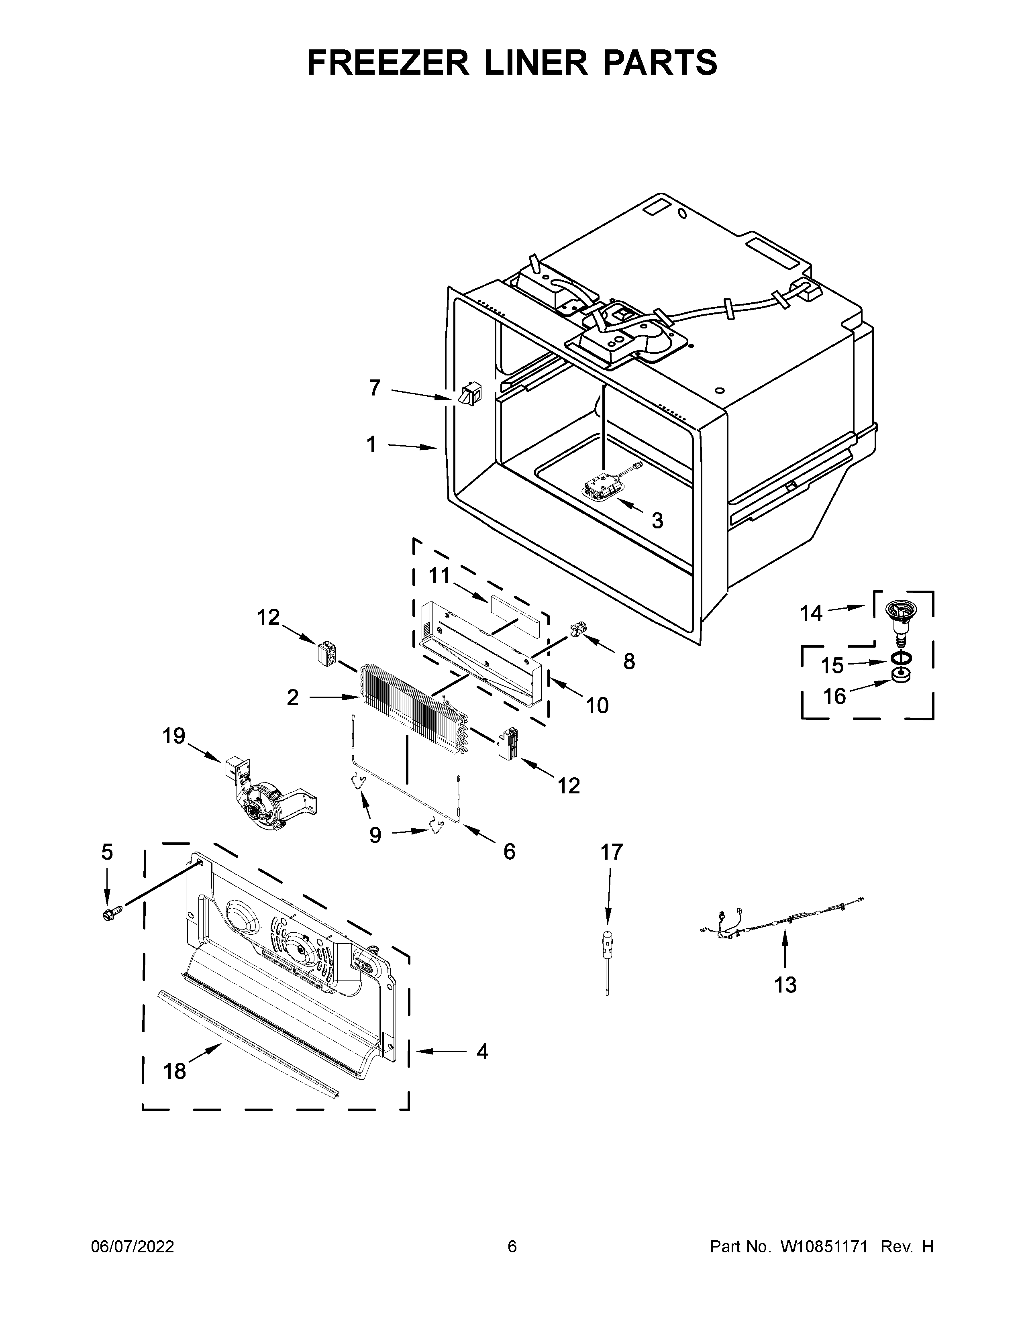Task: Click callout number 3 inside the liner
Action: (657, 520)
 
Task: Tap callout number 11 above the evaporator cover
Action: (439, 575)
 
